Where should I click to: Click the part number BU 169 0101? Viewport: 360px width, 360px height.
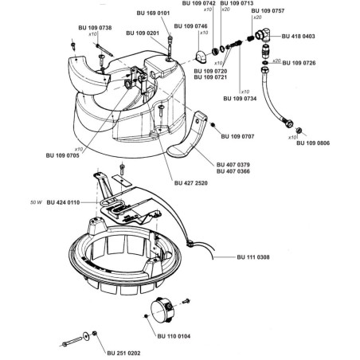tap(153, 13)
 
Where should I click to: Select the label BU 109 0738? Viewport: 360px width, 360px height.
tap(95, 28)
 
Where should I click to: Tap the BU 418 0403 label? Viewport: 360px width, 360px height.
tap(299, 36)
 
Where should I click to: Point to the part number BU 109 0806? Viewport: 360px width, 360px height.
tap(313, 143)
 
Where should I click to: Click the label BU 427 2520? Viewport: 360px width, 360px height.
tap(191, 183)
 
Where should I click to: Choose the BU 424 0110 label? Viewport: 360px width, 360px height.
tap(63, 202)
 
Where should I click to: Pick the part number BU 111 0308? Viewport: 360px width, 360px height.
tap(253, 257)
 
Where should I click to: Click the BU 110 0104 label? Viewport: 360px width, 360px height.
tap(174, 336)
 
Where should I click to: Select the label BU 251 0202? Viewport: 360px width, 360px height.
tap(123, 353)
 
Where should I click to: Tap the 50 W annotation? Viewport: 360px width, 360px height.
tap(36, 202)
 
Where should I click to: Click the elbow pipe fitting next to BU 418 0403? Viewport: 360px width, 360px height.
tap(263, 37)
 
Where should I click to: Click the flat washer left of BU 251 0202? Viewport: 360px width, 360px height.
tap(86, 336)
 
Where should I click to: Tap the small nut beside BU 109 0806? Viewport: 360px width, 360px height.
tap(299, 131)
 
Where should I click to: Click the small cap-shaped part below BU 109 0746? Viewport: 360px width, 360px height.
tap(202, 58)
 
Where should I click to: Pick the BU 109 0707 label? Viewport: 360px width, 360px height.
tap(237, 136)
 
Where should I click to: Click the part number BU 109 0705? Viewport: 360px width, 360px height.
tap(63, 155)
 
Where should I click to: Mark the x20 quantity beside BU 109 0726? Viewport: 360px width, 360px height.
tap(276, 61)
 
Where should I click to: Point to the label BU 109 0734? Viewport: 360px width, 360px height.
tap(240, 99)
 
